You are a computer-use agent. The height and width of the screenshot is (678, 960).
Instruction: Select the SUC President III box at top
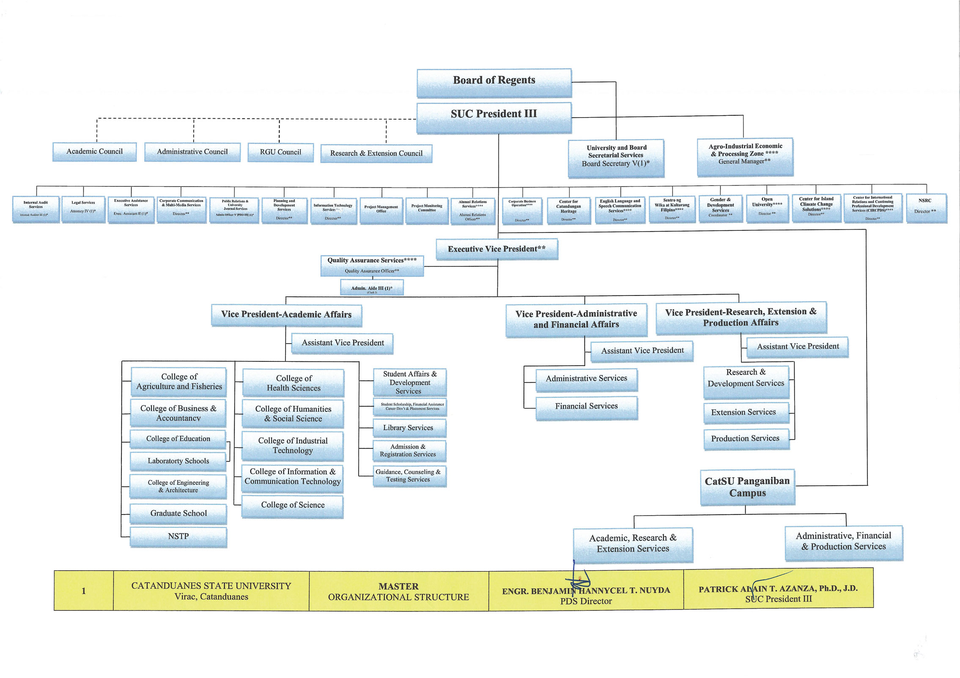click(x=494, y=117)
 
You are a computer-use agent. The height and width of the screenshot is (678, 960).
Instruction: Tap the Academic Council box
click(x=94, y=152)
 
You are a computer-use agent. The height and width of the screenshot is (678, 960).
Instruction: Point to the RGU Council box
click(x=280, y=152)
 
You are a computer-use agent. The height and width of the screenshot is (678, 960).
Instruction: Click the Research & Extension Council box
click(x=376, y=153)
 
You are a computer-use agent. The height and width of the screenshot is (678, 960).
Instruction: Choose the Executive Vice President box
click(x=496, y=249)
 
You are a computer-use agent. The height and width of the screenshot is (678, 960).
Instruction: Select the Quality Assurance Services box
click(x=372, y=265)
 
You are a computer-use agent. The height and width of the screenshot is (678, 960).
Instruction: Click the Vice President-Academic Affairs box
click(x=286, y=315)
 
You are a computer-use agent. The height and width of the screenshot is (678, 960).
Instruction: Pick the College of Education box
click(x=178, y=439)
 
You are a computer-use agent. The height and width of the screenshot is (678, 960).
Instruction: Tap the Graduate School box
click(x=178, y=514)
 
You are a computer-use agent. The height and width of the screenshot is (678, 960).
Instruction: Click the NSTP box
click(x=178, y=537)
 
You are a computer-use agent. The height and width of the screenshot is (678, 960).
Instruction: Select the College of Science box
click(x=293, y=506)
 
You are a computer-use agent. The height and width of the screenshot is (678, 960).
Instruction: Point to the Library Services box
click(x=409, y=428)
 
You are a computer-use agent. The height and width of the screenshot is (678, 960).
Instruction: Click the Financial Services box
click(x=586, y=407)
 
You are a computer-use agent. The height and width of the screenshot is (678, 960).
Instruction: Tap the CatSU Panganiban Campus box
click(x=747, y=487)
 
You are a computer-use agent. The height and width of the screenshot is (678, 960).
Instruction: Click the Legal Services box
click(x=83, y=208)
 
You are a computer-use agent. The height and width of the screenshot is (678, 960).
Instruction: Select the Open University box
click(x=767, y=207)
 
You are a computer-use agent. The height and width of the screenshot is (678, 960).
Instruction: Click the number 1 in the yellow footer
click(x=84, y=591)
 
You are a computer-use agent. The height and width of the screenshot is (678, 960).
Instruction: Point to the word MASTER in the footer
click(x=398, y=586)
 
